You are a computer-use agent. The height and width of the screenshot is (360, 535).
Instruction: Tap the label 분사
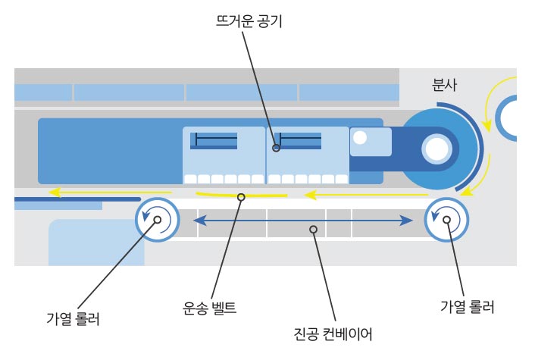445,83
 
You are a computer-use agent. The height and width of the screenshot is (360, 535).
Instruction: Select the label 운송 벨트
210,308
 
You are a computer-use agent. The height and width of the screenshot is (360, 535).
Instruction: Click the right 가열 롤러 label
468,308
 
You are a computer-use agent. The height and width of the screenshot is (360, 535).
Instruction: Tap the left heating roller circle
157,221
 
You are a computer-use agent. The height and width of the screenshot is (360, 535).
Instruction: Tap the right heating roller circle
446,220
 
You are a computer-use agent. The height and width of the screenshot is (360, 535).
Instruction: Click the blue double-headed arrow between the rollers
303,220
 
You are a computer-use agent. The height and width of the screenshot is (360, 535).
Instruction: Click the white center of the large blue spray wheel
436,148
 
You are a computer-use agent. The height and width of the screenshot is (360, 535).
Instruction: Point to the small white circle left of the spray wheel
360,138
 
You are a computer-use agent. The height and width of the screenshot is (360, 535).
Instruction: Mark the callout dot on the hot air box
277,148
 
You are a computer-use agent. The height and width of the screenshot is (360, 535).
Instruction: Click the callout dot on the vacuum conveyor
313,228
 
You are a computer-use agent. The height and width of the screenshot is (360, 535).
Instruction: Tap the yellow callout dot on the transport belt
242,198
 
